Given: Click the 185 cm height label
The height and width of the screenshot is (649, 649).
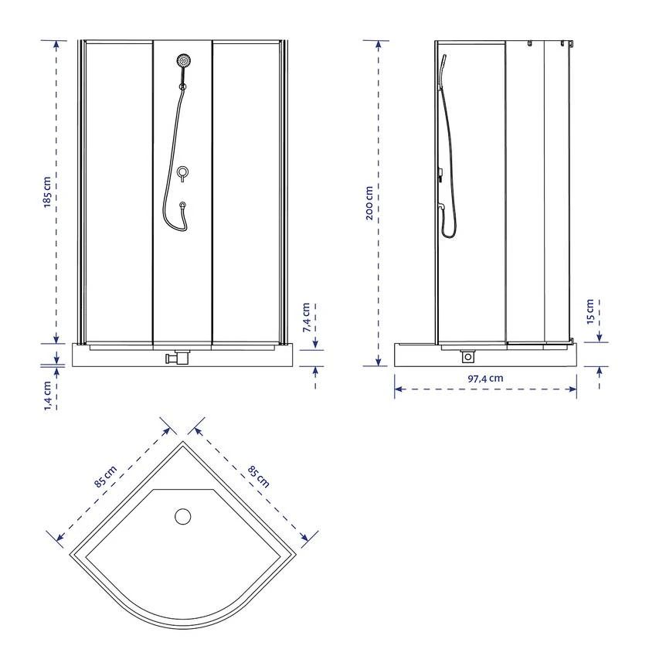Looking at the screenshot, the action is click(x=47, y=192).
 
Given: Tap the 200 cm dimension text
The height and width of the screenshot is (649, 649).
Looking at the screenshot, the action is click(x=369, y=202).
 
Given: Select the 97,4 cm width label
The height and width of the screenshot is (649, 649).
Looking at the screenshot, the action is click(x=485, y=379).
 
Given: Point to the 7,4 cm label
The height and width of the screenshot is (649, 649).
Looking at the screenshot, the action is click(x=307, y=318).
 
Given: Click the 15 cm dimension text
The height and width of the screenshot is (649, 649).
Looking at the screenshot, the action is click(x=590, y=311).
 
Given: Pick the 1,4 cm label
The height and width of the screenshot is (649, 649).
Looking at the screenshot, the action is click(x=48, y=396).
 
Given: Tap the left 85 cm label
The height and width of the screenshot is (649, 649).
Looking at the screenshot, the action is click(x=106, y=477).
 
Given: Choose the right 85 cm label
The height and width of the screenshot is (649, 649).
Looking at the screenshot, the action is click(x=259, y=477).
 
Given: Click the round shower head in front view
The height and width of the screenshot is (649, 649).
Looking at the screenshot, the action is click(x=183, y=60).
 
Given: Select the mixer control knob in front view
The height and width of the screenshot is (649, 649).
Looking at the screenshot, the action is click(x=182, y=172).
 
